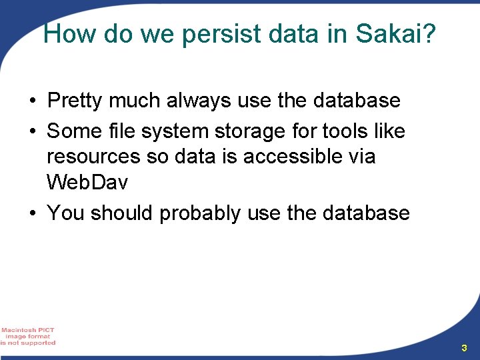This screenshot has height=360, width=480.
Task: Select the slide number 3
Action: pyautogui.click(x=464, y=348)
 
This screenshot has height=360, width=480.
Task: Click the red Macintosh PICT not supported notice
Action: pyautogui.click(x=28, y=337)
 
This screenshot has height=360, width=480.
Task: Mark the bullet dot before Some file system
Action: pyautogui.click(x=32, y=132)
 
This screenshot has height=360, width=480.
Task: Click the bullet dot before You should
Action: pyautogui.click(x=32, y=214)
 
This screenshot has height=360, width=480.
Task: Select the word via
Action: pyautogui.click(x=359, y=157)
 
